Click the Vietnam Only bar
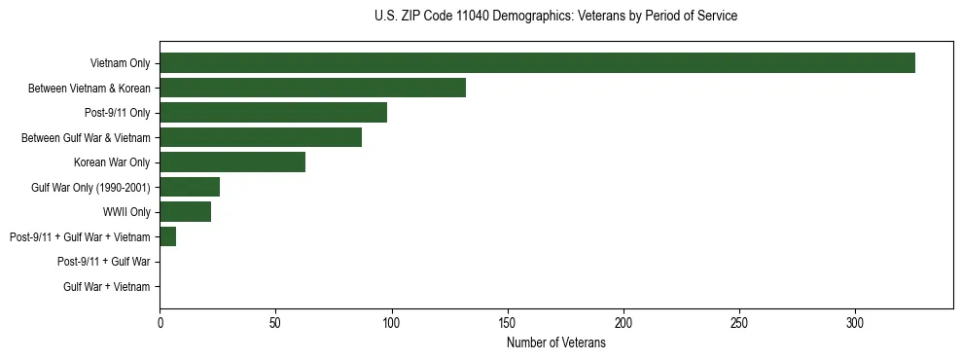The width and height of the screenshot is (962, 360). (537, 63)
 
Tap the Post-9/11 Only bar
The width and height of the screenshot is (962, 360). (273, 113)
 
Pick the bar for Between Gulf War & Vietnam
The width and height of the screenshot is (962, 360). (261, 137)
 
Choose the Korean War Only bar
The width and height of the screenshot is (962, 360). (232, 162)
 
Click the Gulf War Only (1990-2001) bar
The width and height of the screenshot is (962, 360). (190, 187)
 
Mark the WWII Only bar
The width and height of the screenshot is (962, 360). (185, 212)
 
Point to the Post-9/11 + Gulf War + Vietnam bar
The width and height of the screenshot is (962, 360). (167, 236)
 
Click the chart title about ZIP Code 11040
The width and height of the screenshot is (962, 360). (555, 17)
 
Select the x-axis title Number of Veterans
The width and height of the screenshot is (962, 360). (555, 343)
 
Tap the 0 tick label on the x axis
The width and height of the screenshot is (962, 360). (160, 323)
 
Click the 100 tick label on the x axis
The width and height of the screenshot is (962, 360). (391, 323)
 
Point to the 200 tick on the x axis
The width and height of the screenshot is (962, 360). (624, 323)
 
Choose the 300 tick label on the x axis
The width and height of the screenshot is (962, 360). (855, 323)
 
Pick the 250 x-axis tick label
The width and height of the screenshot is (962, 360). (739, 323)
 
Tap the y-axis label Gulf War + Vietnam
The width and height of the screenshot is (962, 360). (107, 287)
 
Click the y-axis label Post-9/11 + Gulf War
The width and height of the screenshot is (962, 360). (104, 262)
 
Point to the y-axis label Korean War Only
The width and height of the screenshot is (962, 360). (112, 162)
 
